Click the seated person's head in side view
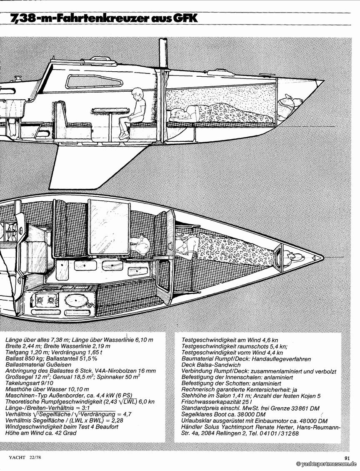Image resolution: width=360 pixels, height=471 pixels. [x=137, y=93]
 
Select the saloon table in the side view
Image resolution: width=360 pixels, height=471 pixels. [x=110, y=111]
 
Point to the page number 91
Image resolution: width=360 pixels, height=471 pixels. [x=347, y=457]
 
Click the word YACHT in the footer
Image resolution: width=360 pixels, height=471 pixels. [x=18, y=457]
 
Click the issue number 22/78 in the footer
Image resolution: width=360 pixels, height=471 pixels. [x=35, y=457]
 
